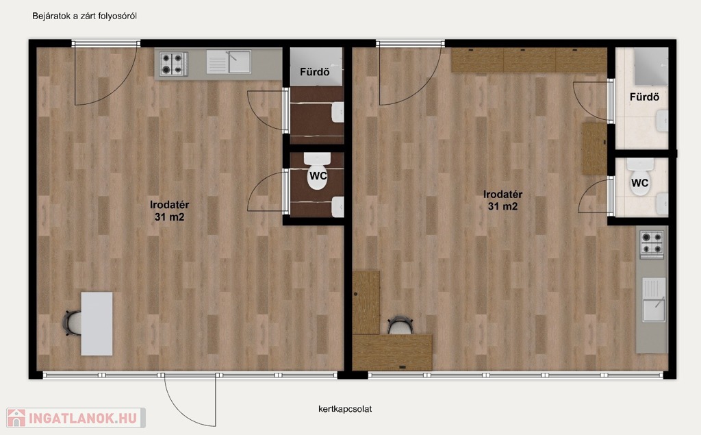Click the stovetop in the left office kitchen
pyautogui.click(x=174, y=64)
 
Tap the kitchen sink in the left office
pyautogui.click(x=229, y=62)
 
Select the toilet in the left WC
pyautogui.click(x=318, y=171)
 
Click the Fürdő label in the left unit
pyautogui.click(x=315, y=72)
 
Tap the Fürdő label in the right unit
pyautogui.click(x=644, y=97)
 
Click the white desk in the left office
pyautogui.click(x=97, y=323)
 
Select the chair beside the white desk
pyautogui.click(x=72, y=323)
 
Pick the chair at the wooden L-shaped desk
pyautogui.click(x=400, y=325)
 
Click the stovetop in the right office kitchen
pyautogui.click(x=652, y=245)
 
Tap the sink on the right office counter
pyautogui.click(x=654, y=300)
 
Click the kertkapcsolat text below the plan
pyautogui.click(x=345, y=409)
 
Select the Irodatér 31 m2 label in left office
pyautogui.click(x=170, y=211)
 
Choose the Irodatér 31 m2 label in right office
pyautogui.click(x=503, y=200)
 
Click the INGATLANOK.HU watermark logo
pyautogui.click(x=76, y=418)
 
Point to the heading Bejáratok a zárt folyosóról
pyautogui.click(x=84, y=16)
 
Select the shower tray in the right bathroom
pyautogui.click(x=651, y=66)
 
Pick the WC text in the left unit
pyautogui.click(x=318, y=176)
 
